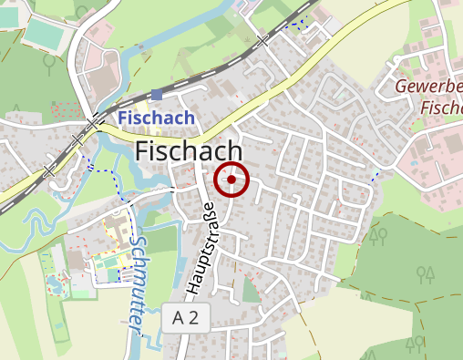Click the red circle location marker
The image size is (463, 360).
pos(231,180)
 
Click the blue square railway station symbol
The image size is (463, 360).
pos(157,94)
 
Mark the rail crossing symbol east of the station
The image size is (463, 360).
pos(263,42)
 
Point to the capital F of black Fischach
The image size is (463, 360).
pos(141,152)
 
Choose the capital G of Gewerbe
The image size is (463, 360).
pos(402,87)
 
